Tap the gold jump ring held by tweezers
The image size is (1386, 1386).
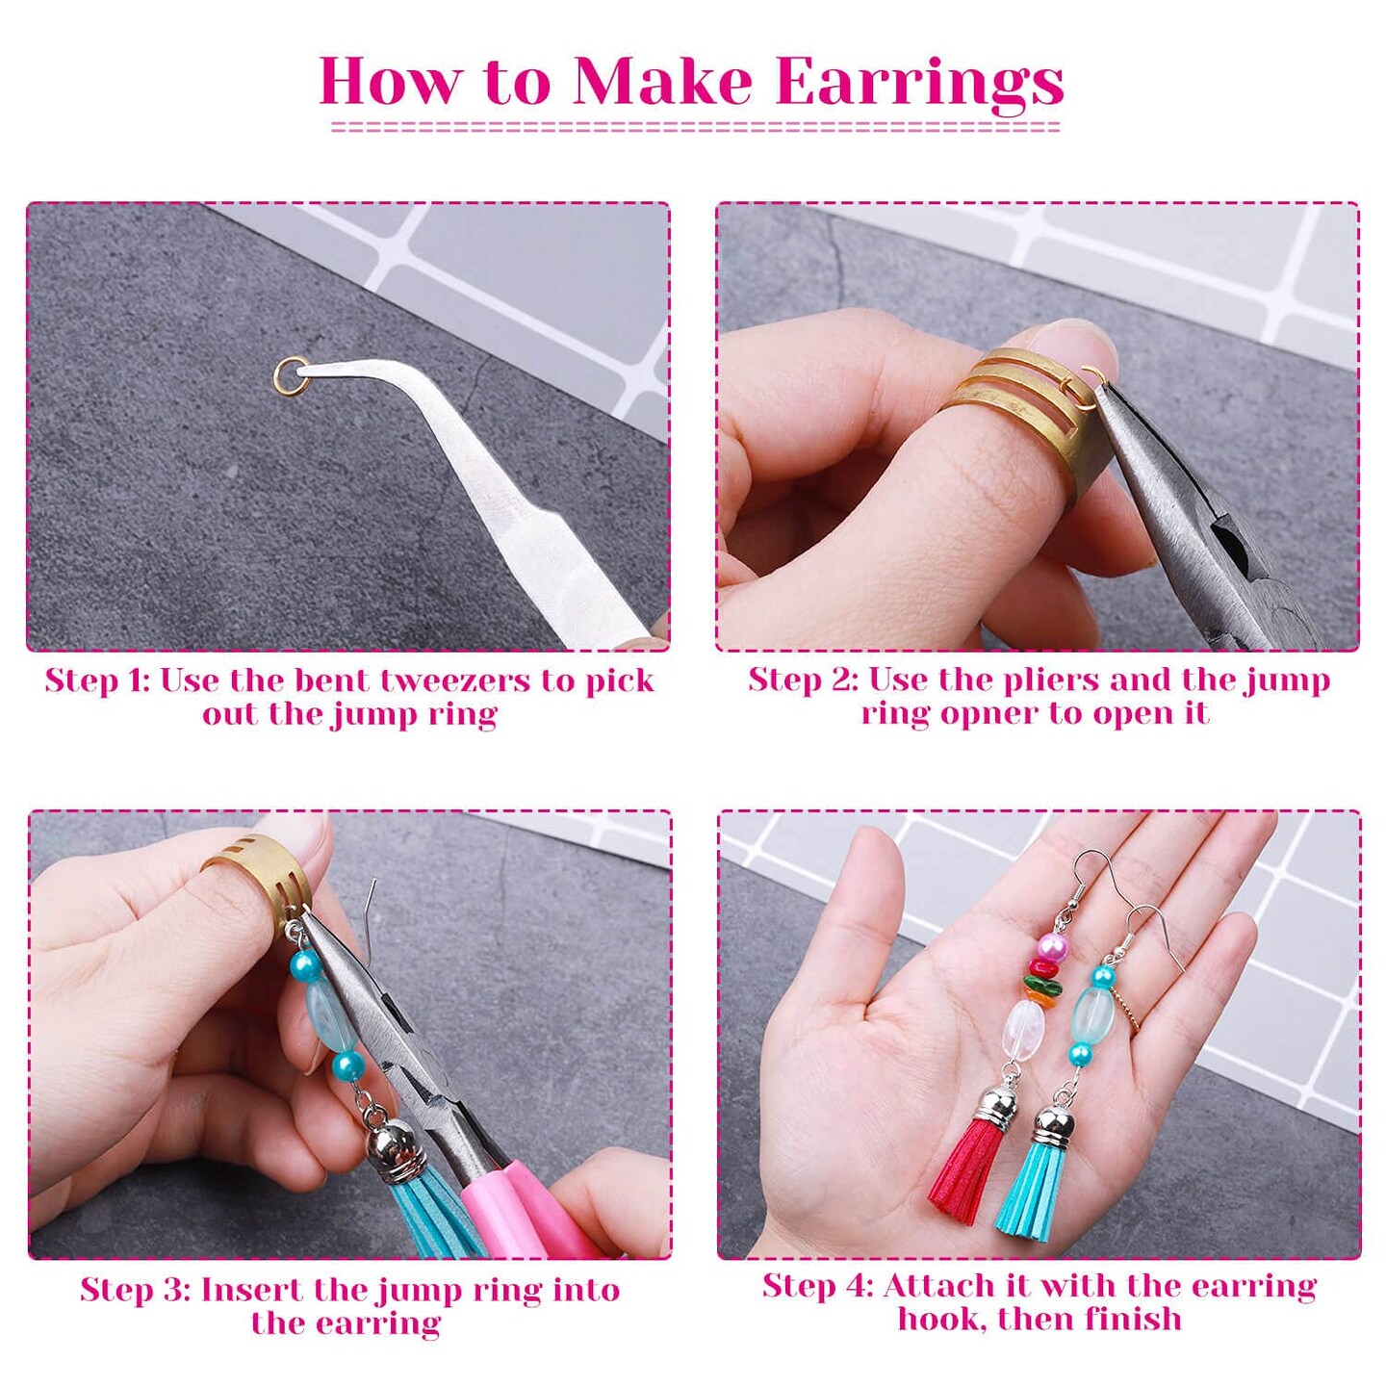[291, 374]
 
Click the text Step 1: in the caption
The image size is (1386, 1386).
[97, 680]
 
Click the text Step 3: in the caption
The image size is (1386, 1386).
[135, 1290]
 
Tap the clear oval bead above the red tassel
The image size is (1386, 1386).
[1024, 1028]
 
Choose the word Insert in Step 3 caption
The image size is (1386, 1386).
[252, 1290]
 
